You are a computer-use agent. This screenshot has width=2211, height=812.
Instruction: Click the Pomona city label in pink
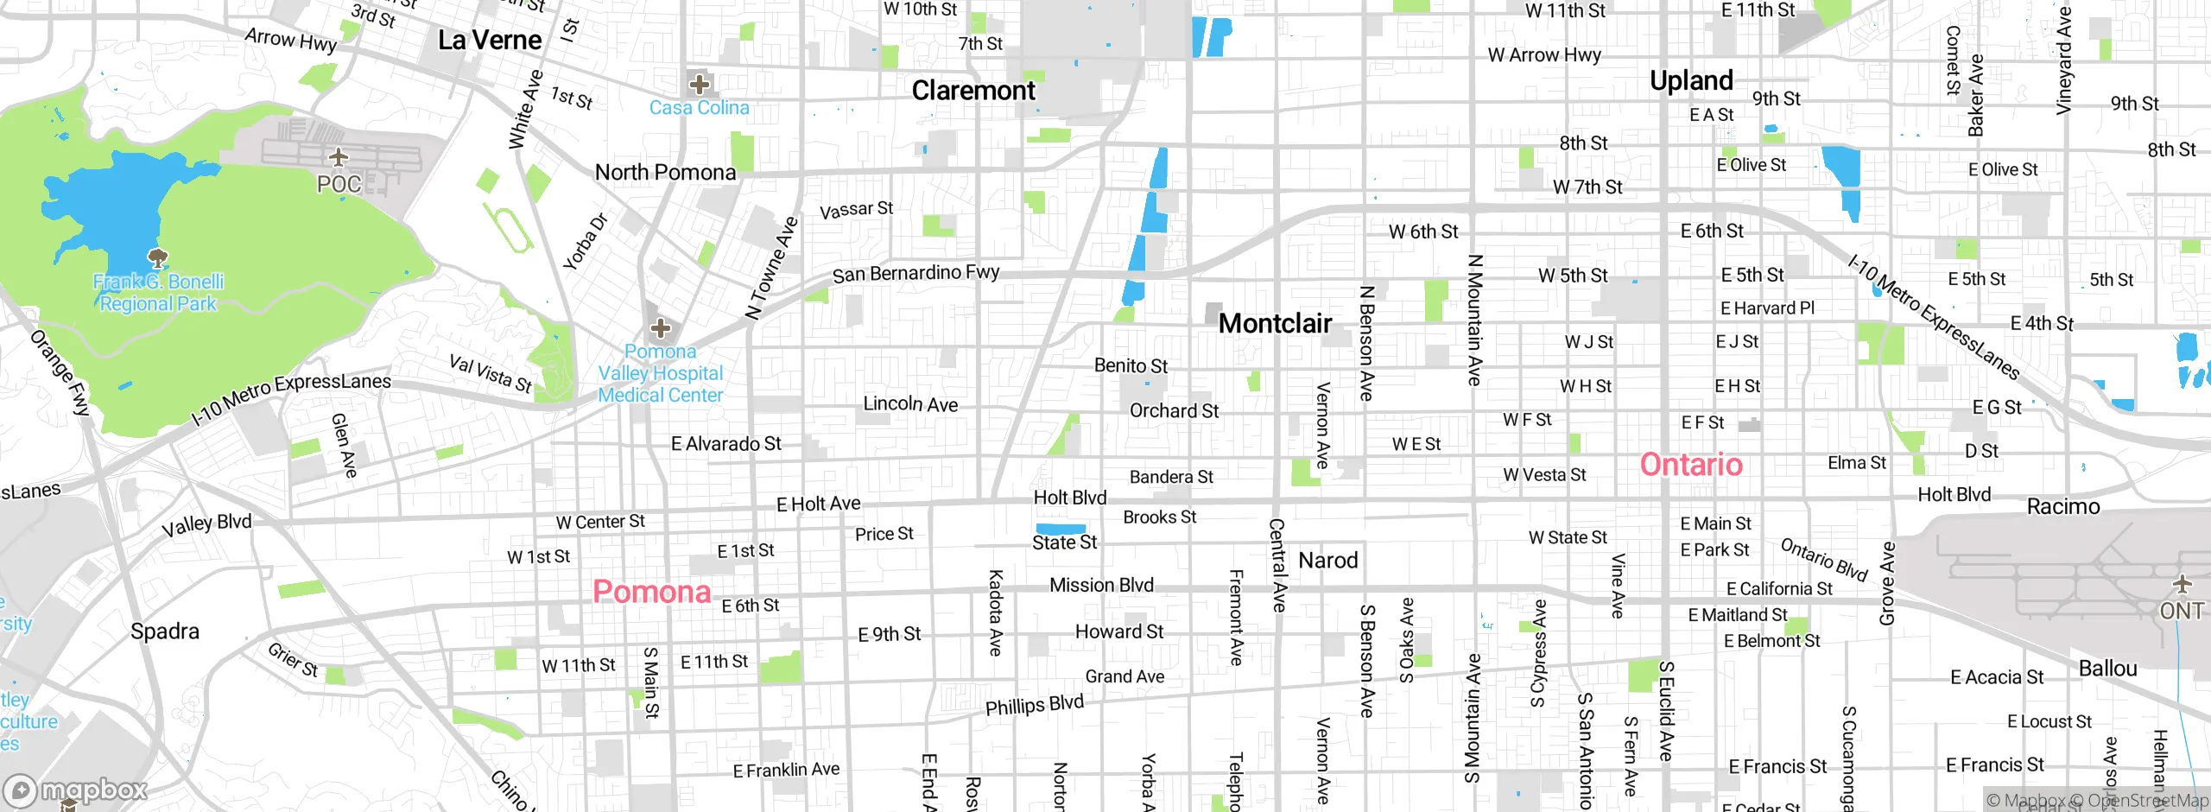pos(651,593)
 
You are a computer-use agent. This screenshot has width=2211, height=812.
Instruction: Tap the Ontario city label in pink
pos(1691,465)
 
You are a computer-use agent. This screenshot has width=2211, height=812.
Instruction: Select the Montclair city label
pos(1275,324)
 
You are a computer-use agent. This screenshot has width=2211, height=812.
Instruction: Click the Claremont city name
pos(973,91)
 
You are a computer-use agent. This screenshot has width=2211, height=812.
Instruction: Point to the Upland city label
pos(1691,80)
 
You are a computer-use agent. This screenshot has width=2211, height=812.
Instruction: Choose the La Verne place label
pos(490,41)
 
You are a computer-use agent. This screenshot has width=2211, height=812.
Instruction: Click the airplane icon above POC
pos(339,157)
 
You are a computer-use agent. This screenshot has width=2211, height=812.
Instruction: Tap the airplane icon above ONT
pos(2182,585)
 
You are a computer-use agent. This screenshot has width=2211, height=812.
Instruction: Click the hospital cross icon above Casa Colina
pos(700,84)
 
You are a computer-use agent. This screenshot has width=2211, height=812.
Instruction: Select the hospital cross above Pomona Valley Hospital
pos(661,328)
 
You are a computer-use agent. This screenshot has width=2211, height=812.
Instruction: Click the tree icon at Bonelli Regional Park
pos(158,257)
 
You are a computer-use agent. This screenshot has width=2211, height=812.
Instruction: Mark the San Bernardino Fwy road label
pos(915,274)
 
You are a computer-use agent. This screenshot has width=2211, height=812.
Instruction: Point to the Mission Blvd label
pos(1101,586)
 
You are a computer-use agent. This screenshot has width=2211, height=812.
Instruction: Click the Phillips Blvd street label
pos(1034,706)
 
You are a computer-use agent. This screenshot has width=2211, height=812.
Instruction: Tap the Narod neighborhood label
pos(1328,561)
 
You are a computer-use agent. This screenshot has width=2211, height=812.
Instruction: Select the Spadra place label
pos(165,631)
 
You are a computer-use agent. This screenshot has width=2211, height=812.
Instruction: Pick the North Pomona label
pos(665,173)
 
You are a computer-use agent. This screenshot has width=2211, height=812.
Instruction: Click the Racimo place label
pos(2063,507)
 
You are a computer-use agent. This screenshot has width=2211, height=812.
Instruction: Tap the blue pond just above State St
pos(1060,529)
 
